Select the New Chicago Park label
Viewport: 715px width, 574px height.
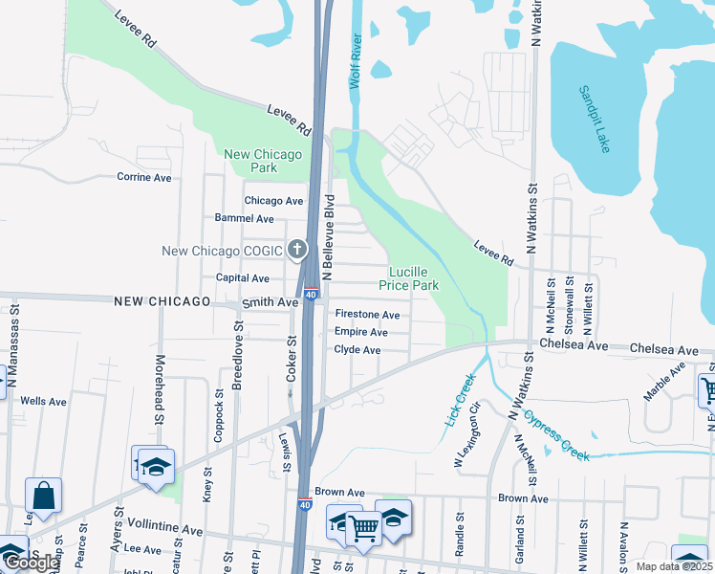[263, 161]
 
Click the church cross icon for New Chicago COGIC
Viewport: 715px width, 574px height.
[297, 251]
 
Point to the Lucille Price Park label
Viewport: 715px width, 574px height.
[408, 278]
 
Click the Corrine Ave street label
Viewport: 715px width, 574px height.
[143, 177]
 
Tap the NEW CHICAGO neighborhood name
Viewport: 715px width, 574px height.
[162, 301]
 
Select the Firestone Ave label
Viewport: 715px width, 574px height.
[367, 315]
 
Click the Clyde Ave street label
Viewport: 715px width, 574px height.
[357, 350]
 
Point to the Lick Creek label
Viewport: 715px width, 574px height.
[460, 400]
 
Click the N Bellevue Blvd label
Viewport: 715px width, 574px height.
[327, 237]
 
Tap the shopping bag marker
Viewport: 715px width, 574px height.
[43, 496]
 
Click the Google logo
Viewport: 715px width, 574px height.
[31, 563]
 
